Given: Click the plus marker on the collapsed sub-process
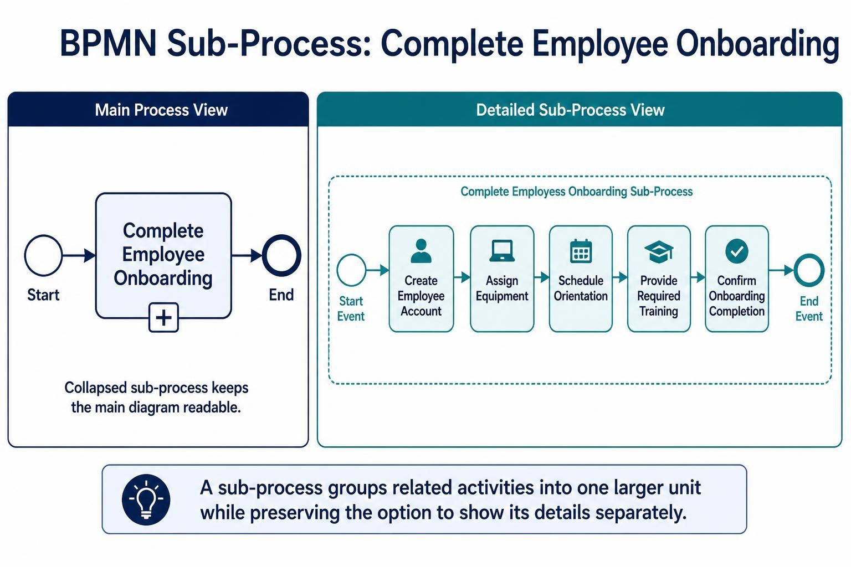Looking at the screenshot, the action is coord(163,317).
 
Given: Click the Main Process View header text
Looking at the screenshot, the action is coord(161,110).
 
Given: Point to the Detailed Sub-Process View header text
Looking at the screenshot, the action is coord(570,110).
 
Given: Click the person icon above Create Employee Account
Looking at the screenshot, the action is coord(421,251).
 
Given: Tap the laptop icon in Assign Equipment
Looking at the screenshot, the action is coord(502,251).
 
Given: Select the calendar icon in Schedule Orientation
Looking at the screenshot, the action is coord(581,251).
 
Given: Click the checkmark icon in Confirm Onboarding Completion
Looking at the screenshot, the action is coord(737,251).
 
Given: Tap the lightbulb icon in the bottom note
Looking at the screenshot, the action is coord(146,499).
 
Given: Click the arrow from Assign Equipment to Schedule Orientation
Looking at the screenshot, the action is coord(542,277).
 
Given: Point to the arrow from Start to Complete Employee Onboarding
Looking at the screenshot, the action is coord(79,256).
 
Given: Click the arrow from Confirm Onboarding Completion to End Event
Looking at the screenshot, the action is coord(781,270).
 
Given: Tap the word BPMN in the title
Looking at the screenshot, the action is coord(108,44).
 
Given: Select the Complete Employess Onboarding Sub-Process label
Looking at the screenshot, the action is coord(576,192).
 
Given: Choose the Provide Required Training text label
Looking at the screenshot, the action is coord(659,296).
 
